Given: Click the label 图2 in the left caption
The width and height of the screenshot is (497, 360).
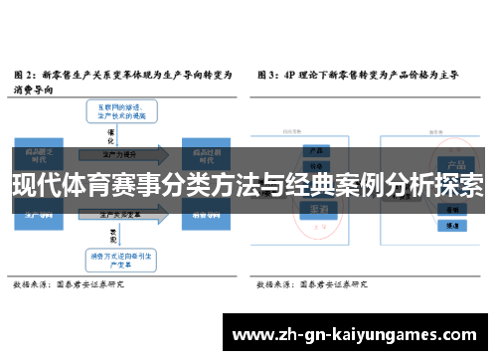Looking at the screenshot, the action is coord(24,75).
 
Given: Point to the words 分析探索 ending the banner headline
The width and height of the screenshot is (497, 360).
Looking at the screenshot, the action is coord(437,185).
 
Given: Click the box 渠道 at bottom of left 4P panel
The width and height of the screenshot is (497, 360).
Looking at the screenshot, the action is coord(321,210).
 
